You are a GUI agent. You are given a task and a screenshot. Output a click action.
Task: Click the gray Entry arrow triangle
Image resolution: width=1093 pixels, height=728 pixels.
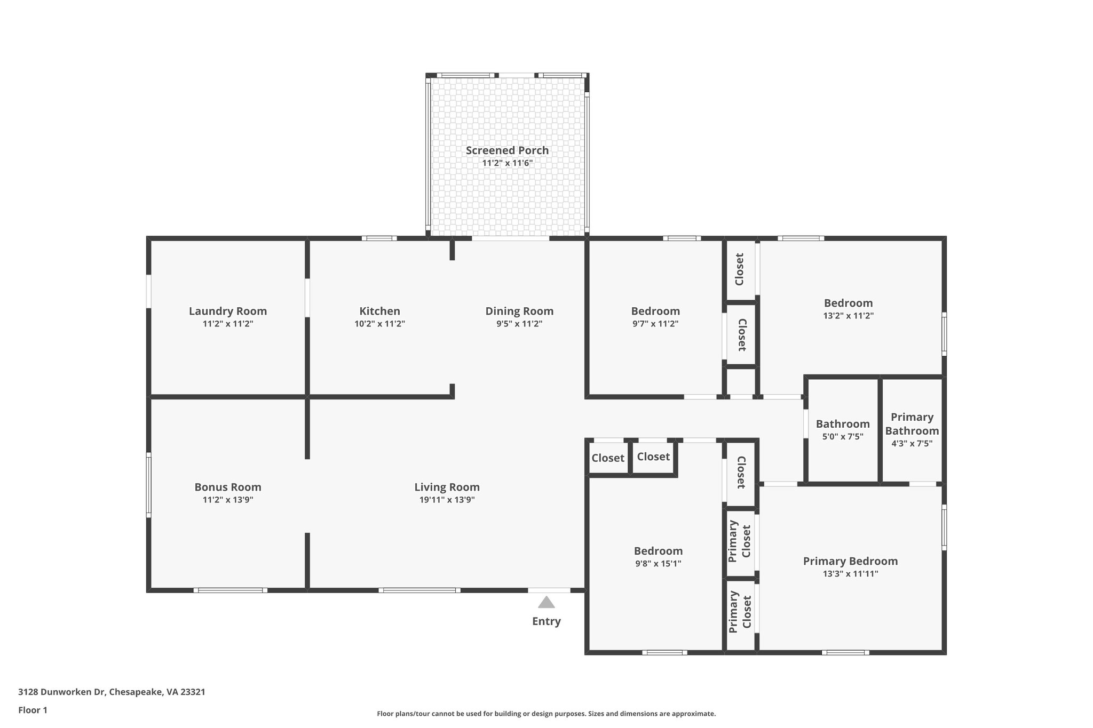546,603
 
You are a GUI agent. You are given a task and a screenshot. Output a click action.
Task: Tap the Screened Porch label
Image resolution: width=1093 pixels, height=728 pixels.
507,150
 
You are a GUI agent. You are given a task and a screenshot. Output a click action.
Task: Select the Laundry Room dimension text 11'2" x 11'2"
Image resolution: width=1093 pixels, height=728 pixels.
228,324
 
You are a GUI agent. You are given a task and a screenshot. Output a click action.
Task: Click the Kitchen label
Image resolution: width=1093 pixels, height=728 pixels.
379,311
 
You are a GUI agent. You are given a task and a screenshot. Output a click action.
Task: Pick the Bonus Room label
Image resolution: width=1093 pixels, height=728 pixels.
228,487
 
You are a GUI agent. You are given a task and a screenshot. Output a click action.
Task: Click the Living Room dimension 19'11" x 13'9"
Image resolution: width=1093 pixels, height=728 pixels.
447,500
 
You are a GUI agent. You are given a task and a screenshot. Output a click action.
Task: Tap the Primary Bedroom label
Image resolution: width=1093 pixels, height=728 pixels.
850,561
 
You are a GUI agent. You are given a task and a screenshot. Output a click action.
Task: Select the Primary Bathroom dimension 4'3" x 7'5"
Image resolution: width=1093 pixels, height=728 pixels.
912,443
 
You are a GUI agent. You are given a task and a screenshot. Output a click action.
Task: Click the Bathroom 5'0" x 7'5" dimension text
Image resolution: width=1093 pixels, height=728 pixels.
843,437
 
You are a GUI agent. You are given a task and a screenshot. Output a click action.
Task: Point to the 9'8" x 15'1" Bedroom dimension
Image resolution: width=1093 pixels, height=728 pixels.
658,564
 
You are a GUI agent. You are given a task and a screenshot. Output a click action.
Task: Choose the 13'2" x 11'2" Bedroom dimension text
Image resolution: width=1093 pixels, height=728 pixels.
848,316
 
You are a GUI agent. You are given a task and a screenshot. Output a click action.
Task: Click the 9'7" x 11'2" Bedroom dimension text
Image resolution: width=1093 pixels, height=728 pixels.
655,324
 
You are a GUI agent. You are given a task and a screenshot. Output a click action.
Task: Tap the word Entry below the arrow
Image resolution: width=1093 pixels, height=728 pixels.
546,621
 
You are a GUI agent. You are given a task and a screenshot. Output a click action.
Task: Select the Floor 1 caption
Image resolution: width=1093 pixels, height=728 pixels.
33,710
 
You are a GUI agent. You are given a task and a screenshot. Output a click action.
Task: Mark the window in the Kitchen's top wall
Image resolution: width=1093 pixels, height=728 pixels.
379,238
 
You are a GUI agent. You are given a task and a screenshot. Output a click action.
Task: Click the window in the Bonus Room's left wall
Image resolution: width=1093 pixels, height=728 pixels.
149,485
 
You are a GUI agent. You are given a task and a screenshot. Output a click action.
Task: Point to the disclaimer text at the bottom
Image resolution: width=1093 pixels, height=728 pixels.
546,714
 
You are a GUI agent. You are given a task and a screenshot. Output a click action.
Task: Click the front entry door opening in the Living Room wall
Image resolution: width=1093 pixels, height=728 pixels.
549,590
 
